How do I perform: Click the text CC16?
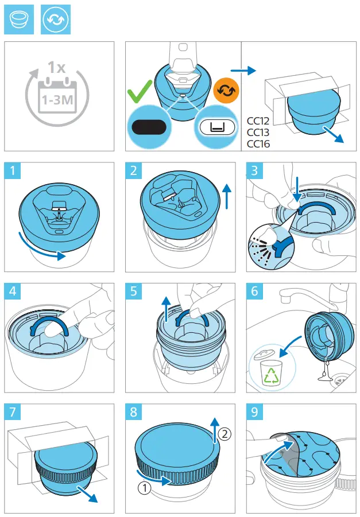(x=258, y=143)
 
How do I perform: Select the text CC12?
(x=258, y=122)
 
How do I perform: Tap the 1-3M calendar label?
(x=55, y=100)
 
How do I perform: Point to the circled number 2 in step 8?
(x=225, y=434)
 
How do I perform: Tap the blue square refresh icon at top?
(x=55, y=20)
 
